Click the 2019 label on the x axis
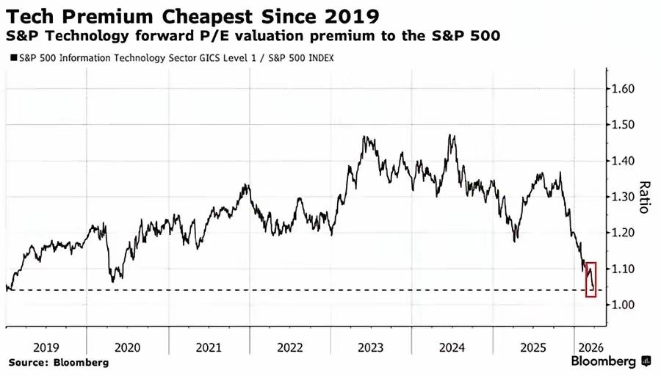point(46,347)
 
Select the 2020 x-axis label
point(128,347)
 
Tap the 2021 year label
point(209,347)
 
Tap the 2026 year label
point(592,347)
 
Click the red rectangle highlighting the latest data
point(591,279)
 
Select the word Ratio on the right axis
point(645,197)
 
